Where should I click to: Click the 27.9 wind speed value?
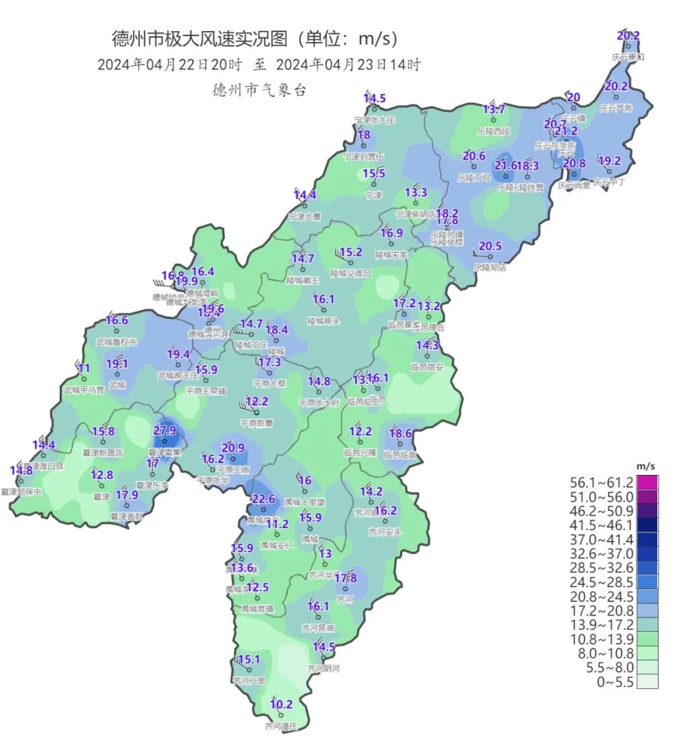pos(165,430)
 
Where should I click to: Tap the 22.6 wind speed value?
pos(263,499)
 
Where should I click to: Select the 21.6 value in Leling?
pos(506,165)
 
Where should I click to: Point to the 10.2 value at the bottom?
pos(281,704)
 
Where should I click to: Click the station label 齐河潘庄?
pos(281,726)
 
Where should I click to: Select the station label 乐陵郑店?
pos(490,267)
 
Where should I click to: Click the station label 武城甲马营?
pos(84,390)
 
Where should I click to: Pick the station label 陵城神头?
pos(323,321)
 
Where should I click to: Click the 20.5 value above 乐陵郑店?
pos(490,246)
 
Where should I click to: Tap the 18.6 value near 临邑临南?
pos(401,433)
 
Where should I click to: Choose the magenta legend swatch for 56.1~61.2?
pos(647,483)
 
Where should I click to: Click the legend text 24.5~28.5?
pos(601,583)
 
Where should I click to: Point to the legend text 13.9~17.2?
pos(601,625)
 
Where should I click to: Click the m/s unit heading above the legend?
pos(646,466)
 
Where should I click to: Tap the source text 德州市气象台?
pos(259,90)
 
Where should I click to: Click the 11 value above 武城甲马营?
pos(84,369)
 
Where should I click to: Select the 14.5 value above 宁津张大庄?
pos(374,98)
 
